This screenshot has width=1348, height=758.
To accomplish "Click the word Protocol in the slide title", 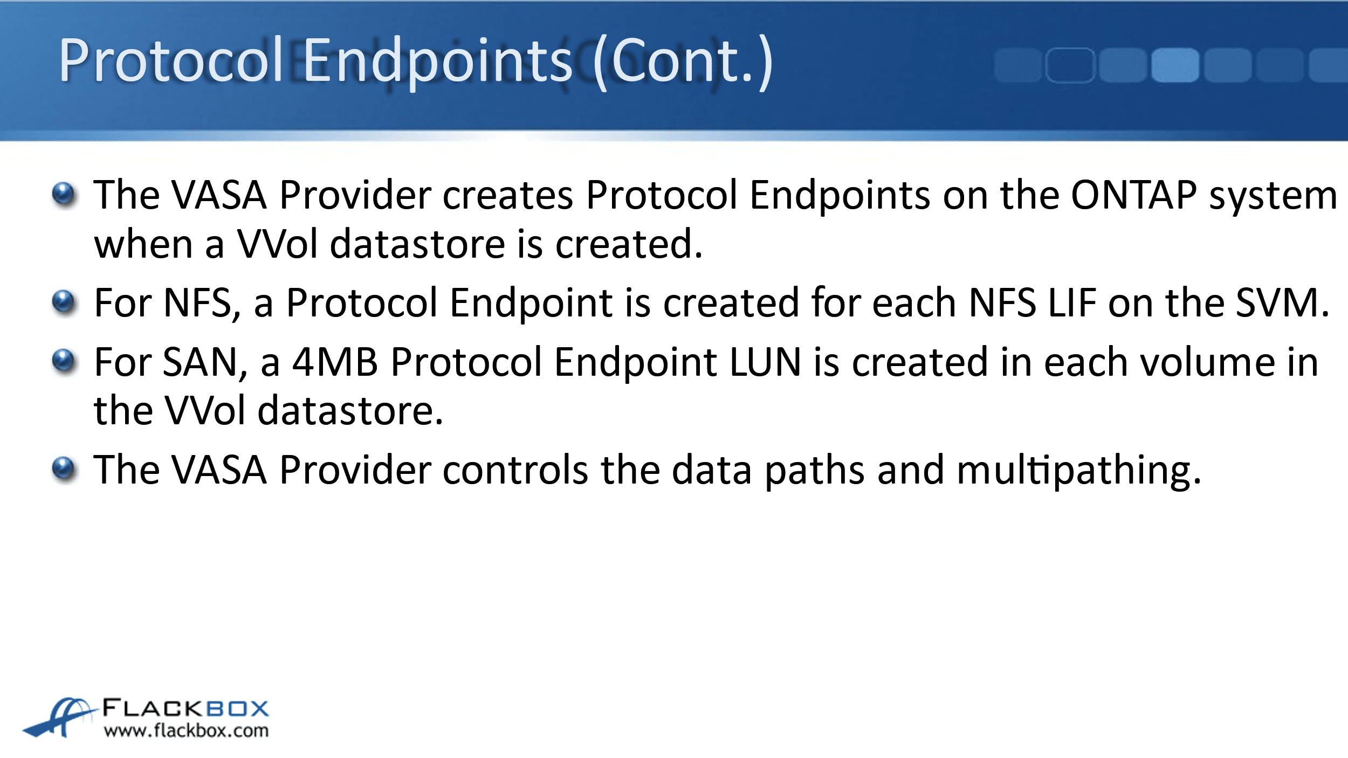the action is (171, 60).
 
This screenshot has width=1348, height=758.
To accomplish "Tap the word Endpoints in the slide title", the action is (437, 63).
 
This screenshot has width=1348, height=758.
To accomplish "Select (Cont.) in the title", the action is (683, 61).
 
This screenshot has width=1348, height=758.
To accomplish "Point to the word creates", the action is (508, 195).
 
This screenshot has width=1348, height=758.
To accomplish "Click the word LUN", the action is (765, 362).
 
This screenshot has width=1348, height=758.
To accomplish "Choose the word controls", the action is (515, 470).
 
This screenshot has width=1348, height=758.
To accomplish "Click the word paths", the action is (815, 472).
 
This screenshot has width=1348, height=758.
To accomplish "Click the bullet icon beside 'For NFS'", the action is (65, 302).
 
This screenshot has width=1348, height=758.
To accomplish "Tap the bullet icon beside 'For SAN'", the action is (65, 362).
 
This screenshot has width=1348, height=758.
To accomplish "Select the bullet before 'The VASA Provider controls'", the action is (65, 470).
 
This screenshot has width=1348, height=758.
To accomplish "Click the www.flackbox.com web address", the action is (186, 731).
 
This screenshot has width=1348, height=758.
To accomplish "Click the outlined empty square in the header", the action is (1070, 65).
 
